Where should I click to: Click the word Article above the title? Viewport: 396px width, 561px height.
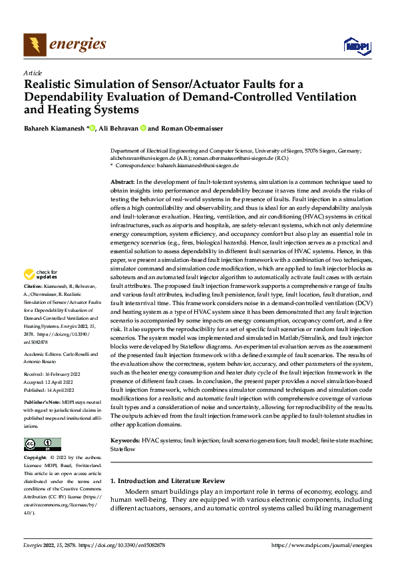pos(33,72)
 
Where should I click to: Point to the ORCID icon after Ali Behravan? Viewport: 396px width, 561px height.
pos(142,128)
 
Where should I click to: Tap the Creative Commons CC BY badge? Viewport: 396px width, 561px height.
pos(42,444)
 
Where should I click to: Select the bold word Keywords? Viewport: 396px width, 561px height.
pos(125,441)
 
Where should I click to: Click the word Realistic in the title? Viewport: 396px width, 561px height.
pos(49,84)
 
